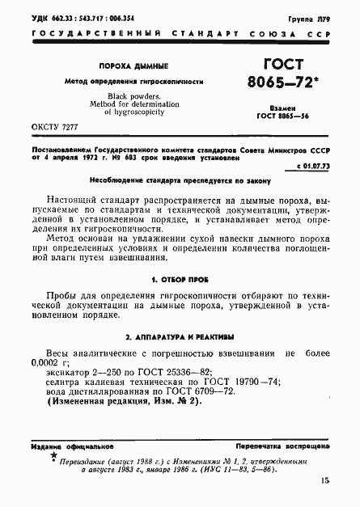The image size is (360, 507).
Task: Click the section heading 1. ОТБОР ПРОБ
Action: (180, 278)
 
